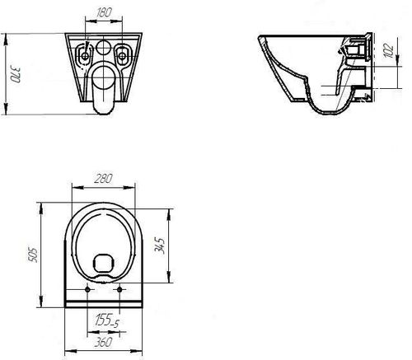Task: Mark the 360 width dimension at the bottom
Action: pyautogui.click(x=104, y=340)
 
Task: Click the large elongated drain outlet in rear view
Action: pyautogui.click(x=104, y=87)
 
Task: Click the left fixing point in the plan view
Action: pyautogui.click(x=87, y=290)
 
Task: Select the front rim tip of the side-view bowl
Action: pyautogui.click(x=260, y=38)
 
